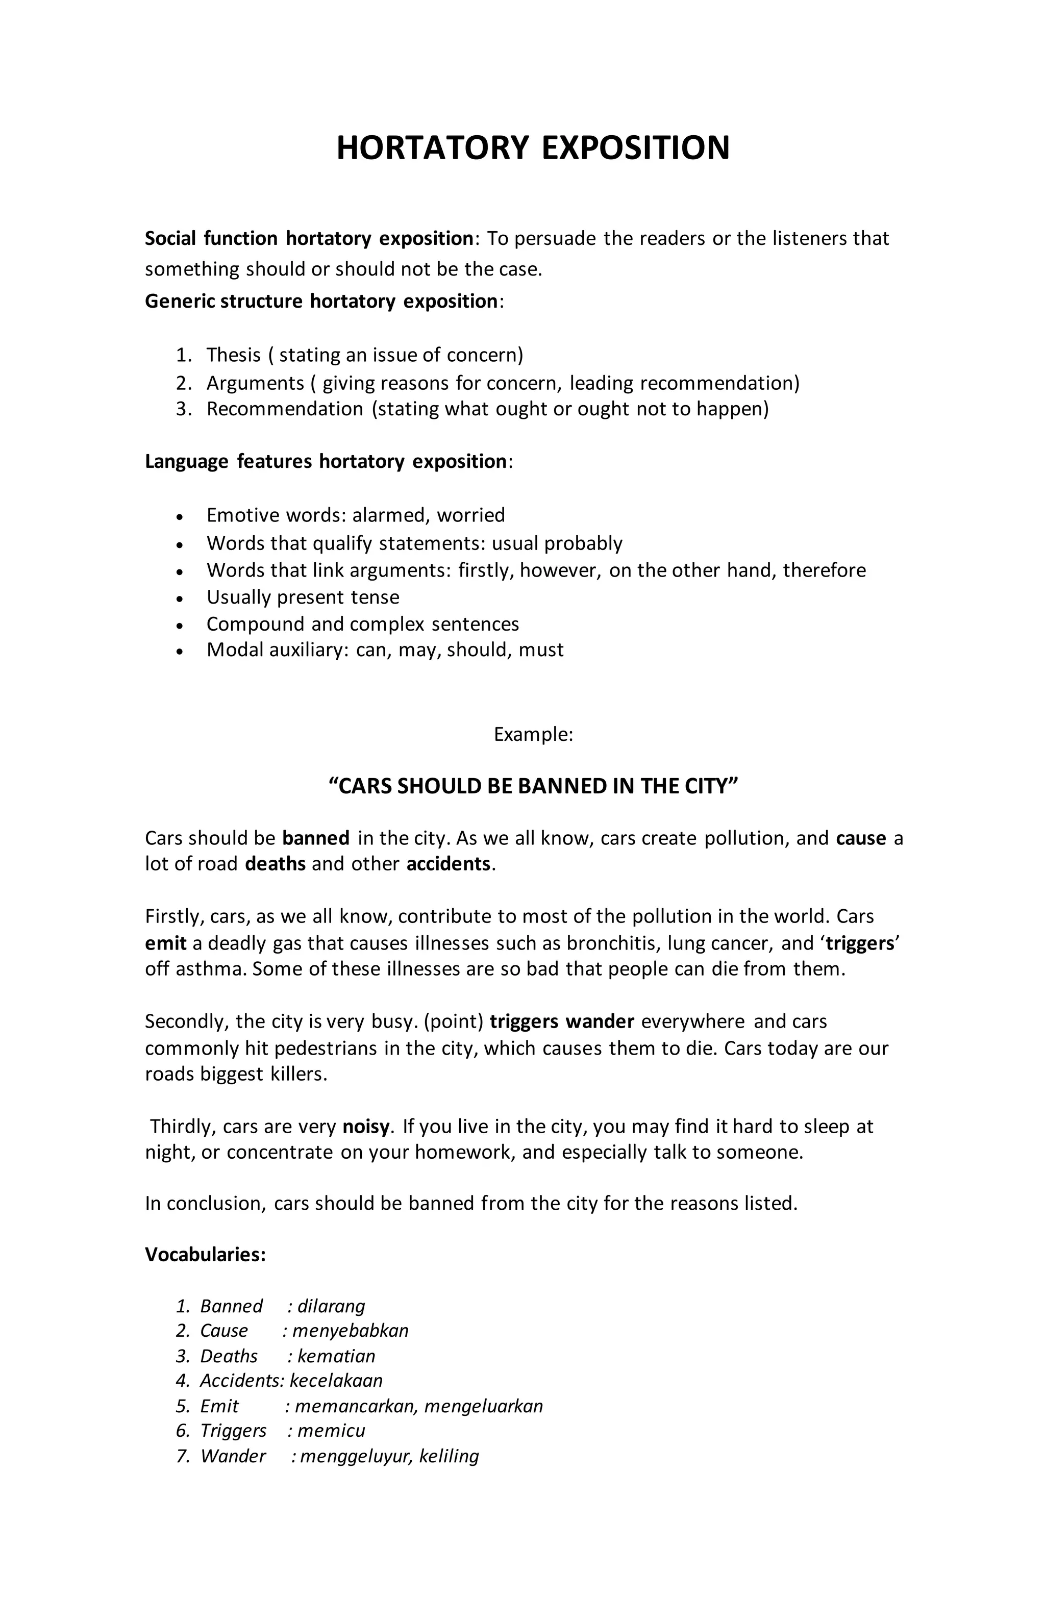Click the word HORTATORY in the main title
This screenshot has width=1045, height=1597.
(432, 147)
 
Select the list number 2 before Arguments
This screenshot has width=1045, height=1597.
(184, 383)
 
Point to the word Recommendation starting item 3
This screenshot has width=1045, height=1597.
(285, 409)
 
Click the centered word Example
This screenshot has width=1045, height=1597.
(532, 734)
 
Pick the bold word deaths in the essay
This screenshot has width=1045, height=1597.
(275, 864)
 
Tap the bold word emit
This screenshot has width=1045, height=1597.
(165, 943)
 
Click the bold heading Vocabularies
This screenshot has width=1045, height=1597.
(205, 1254)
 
